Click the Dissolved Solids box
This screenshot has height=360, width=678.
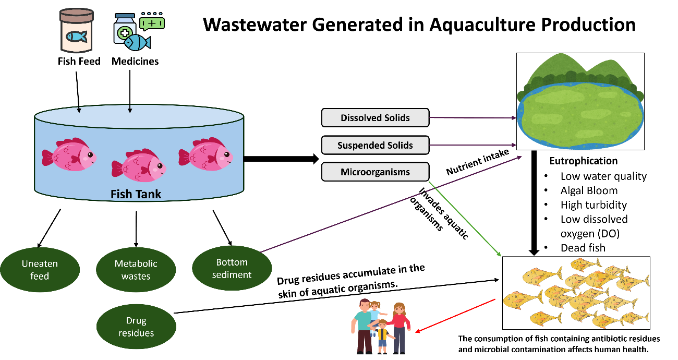375,118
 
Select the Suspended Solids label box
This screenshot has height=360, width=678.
375,145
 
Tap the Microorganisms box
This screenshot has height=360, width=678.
375,172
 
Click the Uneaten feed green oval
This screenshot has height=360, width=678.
40,270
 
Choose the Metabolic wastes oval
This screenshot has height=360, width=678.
136,270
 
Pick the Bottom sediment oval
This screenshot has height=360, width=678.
232,268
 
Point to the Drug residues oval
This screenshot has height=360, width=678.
136,327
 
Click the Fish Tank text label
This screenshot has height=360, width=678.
136,194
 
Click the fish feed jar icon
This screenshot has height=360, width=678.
76,30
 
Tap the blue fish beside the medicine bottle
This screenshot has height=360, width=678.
137,42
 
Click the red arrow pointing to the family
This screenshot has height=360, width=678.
456,315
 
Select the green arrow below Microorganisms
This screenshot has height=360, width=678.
465,219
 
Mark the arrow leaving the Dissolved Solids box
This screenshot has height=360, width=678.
472,118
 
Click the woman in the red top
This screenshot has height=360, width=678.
399,326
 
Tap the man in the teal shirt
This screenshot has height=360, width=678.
364,326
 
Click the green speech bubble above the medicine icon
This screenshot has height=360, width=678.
152,23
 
